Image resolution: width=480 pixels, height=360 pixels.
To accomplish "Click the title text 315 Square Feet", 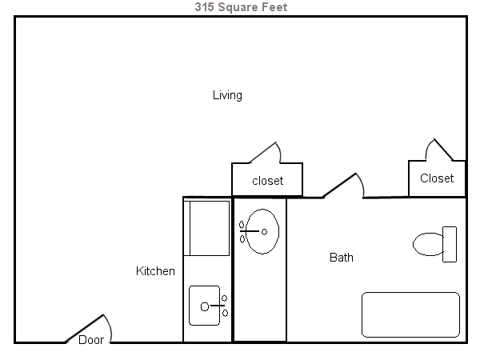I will click(240, 7).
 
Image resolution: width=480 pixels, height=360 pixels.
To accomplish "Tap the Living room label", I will click(227, 95).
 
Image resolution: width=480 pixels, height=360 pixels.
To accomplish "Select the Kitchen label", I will click(155, 271).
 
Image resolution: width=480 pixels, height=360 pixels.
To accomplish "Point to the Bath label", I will click(342, 258).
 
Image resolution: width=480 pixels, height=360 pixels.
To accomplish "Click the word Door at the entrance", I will click(91, 339).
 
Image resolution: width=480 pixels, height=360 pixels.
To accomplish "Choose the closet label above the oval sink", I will click(267, 181).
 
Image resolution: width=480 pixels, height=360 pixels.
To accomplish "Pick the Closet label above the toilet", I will click(437, 178).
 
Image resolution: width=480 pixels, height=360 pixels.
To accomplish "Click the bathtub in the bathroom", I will click(410, 314).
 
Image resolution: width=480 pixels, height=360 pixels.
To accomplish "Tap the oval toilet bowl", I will click(428, 243).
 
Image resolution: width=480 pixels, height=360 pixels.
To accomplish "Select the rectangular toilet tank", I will click(450, 244).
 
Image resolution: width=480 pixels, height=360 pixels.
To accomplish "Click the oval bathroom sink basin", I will click(262, 231).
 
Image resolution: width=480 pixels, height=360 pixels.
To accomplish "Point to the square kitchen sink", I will click(204, 306).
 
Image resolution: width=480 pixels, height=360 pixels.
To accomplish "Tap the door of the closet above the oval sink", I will click(265, 153).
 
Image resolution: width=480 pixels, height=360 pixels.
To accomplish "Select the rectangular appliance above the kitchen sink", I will click(207, 228).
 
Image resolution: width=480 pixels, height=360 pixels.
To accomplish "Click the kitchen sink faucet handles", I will click(225, 306).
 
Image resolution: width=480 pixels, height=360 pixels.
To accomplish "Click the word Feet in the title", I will click(273, 7).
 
